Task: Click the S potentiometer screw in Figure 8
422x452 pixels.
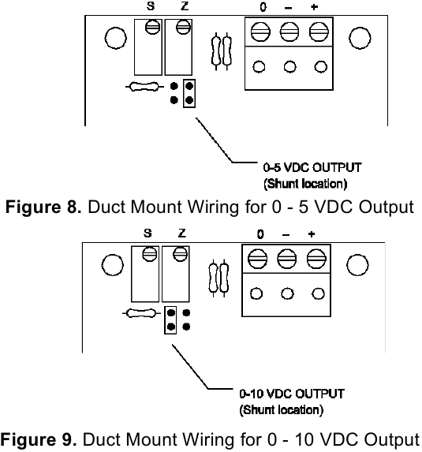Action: click(x=153, y=27)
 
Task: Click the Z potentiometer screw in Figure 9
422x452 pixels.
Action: click(x=181, y=254)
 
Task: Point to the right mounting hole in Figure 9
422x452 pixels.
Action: click(x=359, y=264)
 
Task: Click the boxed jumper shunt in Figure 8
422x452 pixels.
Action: click(x=189, y=93)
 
